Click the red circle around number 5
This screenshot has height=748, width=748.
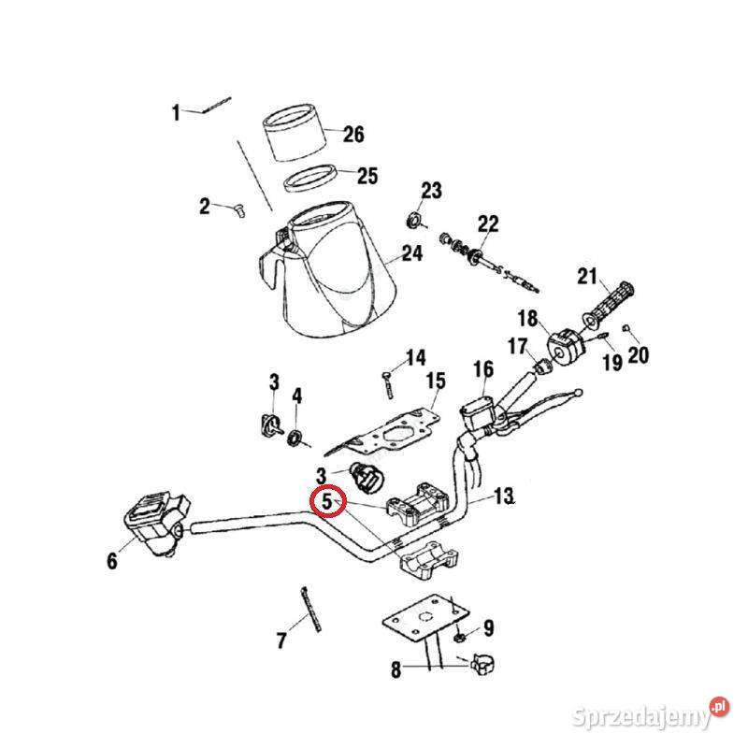tap(326, 503)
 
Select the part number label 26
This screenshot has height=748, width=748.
tap(352, 136)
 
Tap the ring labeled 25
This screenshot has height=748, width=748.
tap(311, 177)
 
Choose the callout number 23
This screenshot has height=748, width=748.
tap(430, 192)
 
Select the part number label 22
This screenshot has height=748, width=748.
tap(489, 224)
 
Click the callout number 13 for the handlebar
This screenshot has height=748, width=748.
tap(504, 496)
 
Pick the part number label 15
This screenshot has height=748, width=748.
tap(436, 380)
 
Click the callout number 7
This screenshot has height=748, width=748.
tap(281, 641)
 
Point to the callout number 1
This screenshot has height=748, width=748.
tap(175, 114)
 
